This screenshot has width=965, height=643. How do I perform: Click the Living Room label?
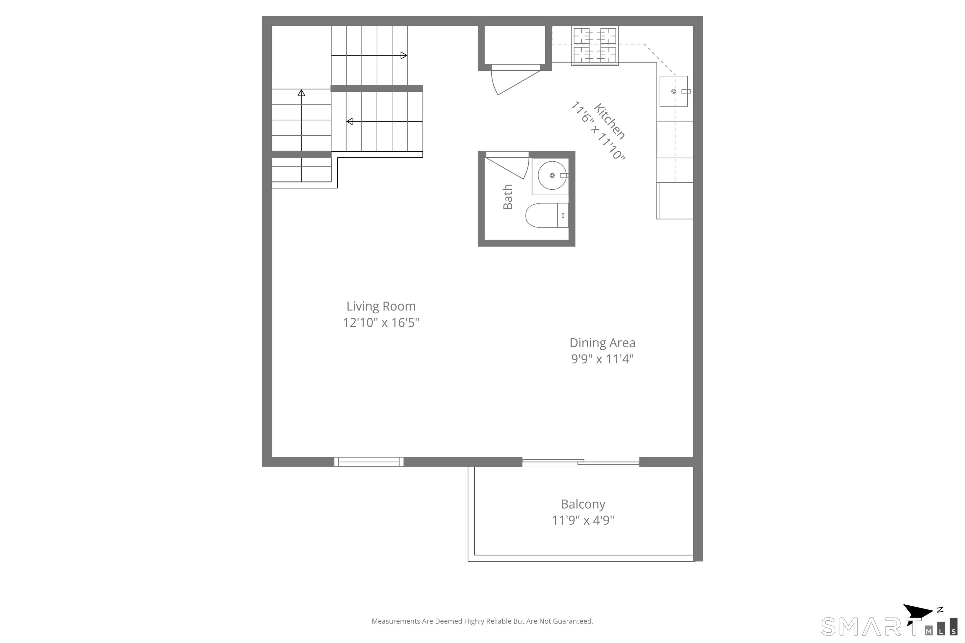[381, 306]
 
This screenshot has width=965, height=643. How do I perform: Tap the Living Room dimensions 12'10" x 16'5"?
[381, 323]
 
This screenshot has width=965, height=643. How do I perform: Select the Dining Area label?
[602, 343]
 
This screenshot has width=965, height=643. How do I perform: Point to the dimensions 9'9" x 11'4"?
[602, 359]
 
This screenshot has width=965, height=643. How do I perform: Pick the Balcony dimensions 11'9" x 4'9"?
[583, 520]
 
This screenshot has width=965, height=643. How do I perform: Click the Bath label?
[508, 197]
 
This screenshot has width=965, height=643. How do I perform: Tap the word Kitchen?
[609, 122]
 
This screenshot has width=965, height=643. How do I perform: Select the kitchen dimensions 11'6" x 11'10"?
[598, 130]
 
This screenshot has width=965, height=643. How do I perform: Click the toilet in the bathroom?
[547, 215]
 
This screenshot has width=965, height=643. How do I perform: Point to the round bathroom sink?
[552, 176]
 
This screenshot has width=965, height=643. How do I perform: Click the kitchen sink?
[674, 91]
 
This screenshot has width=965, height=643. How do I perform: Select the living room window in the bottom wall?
[369, 462]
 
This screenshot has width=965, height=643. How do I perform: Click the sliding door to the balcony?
[581, 462]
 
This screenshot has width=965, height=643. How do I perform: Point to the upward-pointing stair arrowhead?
[302, 93]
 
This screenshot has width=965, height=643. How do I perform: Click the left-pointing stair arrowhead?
[350, 122]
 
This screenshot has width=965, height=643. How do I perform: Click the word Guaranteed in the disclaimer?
[572, 621]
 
